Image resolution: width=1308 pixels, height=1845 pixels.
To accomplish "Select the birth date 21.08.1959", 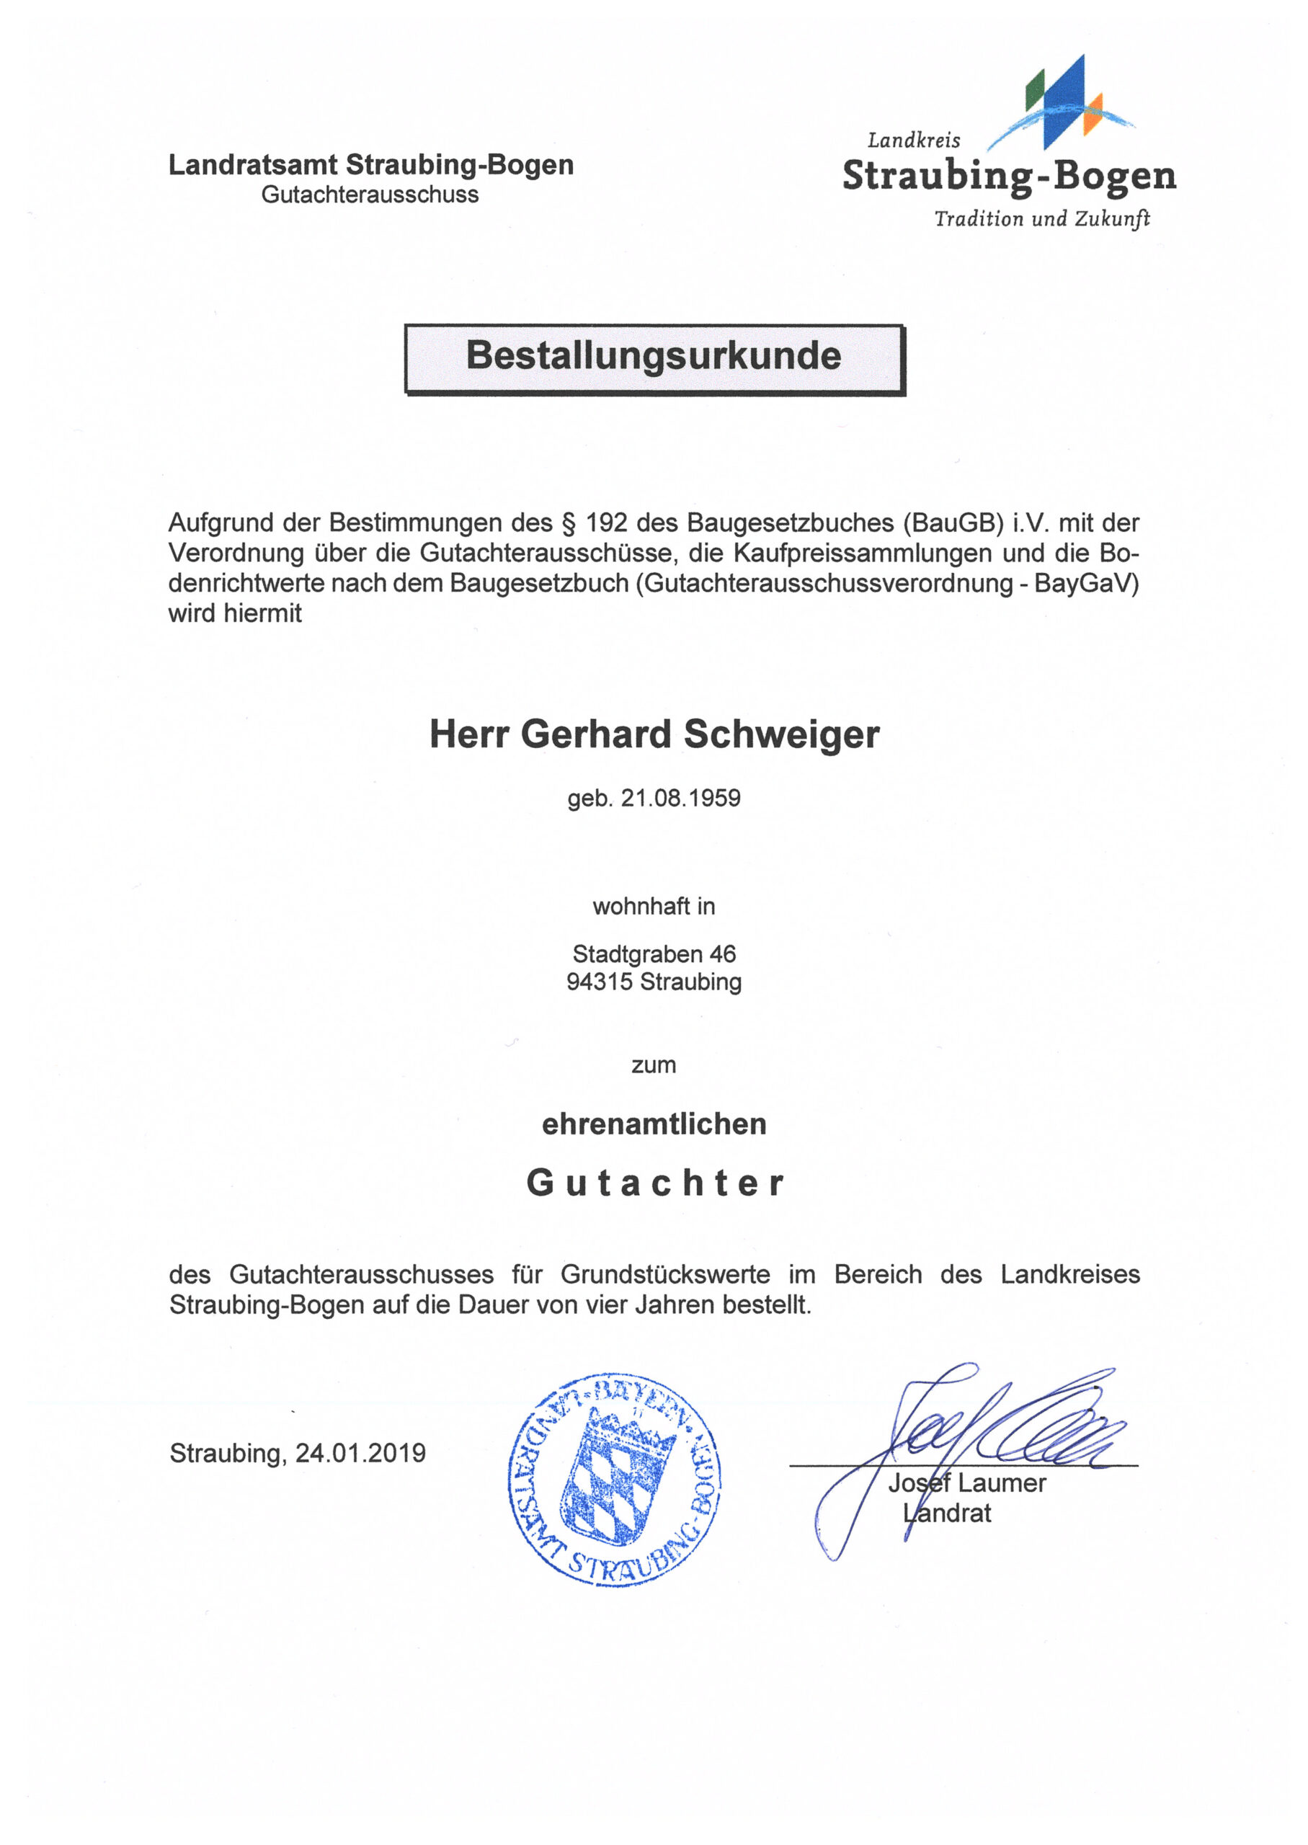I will tap(680, 798).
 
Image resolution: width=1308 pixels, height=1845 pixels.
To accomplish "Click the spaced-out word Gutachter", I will tap(654, 1183).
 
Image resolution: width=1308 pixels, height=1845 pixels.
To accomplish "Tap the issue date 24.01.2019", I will tap(360, 1453).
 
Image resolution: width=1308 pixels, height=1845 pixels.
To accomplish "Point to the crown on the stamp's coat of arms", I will tap(631, 1433).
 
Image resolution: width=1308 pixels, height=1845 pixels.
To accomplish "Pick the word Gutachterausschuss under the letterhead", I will tap(370, 195).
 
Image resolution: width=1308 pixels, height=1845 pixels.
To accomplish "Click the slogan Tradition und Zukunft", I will tap(1041, 219).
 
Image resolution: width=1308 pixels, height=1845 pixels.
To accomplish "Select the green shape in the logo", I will tap(1034, 91).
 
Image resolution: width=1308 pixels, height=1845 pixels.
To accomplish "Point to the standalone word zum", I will tap(653, 1065).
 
